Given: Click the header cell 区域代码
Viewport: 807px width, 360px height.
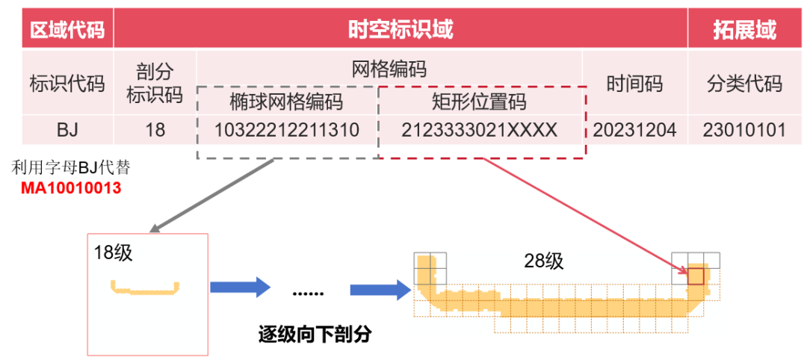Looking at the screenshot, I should point(67,30).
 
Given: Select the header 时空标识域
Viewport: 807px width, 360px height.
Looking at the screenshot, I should point(401,30).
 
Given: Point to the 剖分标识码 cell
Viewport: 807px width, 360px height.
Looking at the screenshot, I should point(155,83).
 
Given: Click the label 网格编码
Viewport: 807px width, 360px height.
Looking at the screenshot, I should point(389,69).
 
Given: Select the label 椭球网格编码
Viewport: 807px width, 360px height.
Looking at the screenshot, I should point(286,101).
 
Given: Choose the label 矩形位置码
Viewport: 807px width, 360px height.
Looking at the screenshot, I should point(479,101).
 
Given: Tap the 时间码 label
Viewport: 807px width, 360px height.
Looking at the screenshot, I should point(634,83).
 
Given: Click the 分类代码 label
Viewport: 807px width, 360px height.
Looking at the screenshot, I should point(744,83).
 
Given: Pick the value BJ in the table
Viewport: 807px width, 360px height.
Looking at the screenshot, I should point(67,130).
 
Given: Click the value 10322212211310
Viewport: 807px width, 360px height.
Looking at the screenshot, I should point(287,130).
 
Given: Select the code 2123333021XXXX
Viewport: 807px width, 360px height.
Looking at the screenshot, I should point(480,130).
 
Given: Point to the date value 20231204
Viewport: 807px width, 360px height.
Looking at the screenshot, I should point(634,130).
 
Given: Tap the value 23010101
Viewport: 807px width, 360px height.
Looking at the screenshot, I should point(744,130).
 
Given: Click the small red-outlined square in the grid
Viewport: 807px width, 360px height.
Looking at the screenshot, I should point(696,276).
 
